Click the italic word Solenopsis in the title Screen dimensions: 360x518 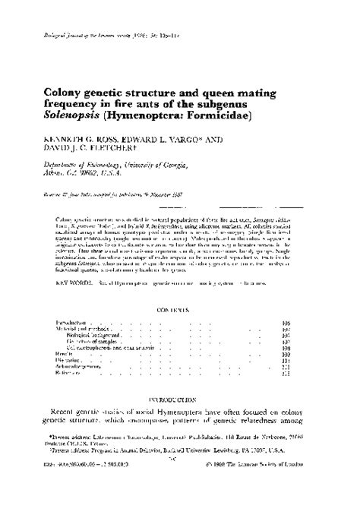pyautogui.click(x=82, y=119)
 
